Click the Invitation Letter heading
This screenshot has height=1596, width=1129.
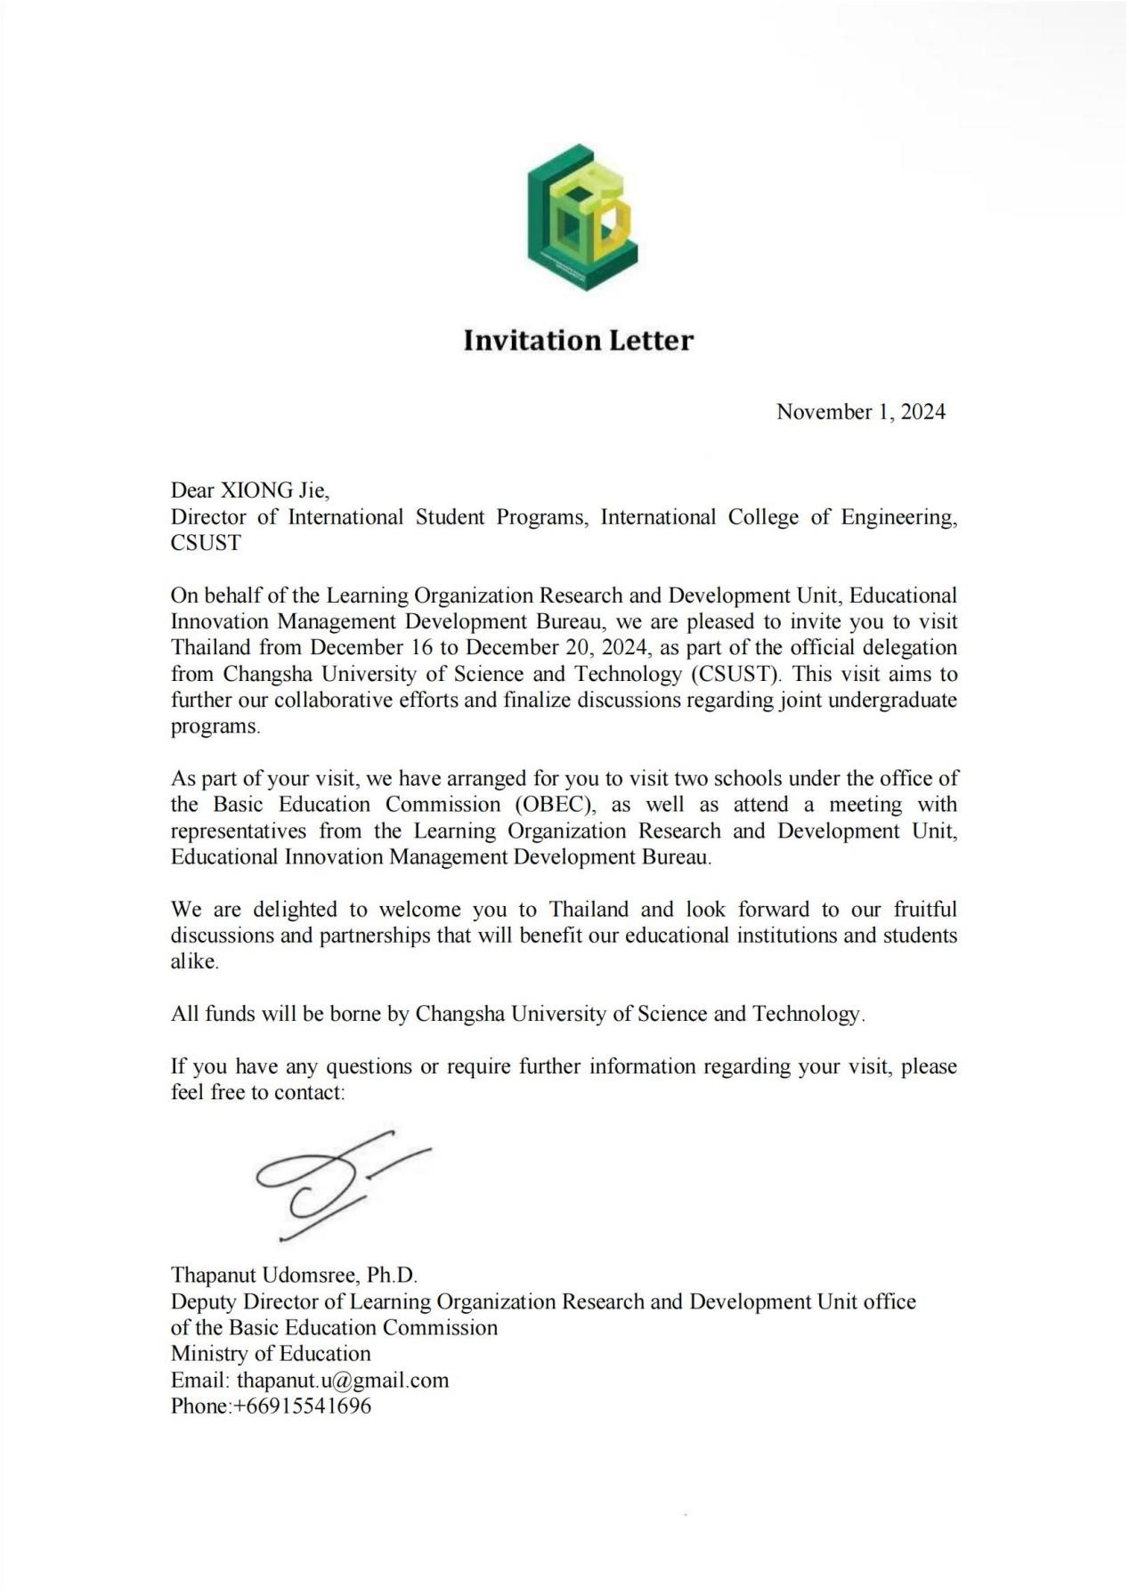pos(578,340)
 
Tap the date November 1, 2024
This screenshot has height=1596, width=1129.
pos(860,411)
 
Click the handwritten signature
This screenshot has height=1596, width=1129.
pos(338,1184)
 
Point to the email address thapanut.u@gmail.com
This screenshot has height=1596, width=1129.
pos(343,1380)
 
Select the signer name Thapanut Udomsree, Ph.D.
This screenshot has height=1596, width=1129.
pos(294,1275)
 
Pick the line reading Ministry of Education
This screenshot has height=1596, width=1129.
pos(271,1354)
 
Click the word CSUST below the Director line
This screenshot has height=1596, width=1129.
pos(206,543)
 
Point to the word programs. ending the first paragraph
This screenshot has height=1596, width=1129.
pos(215,726)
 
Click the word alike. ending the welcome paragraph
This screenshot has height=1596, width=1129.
pos(194,962)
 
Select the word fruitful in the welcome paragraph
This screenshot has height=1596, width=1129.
pos(925,910)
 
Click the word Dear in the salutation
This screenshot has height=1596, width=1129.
pos(192,490)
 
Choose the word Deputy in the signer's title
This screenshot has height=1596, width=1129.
pos(204,1301)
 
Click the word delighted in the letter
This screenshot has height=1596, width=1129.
pos(295,910)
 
